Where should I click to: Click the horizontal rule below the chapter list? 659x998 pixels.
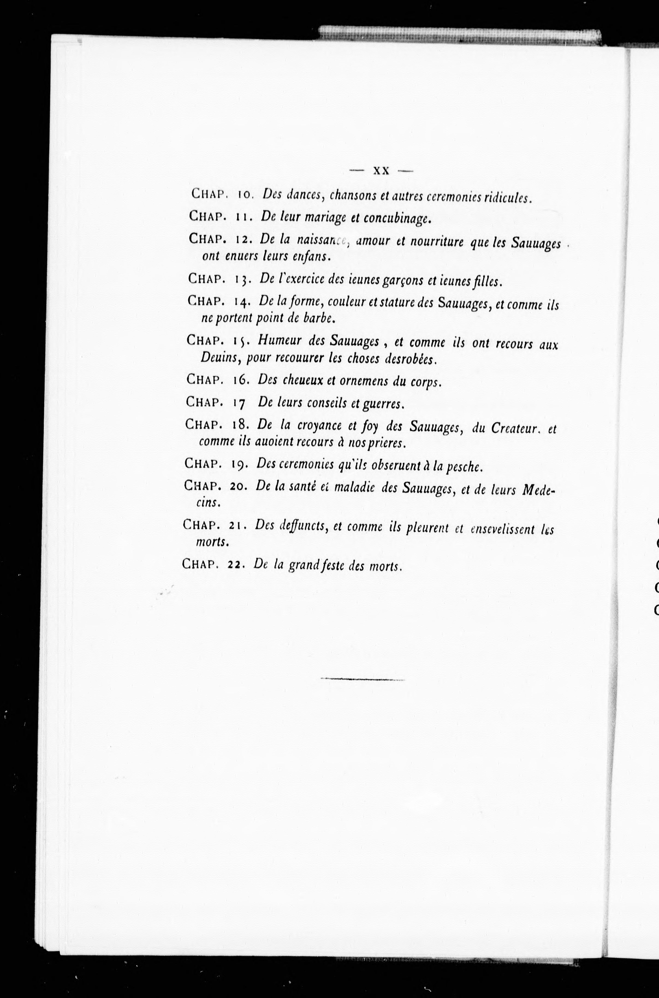pos(362,679)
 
